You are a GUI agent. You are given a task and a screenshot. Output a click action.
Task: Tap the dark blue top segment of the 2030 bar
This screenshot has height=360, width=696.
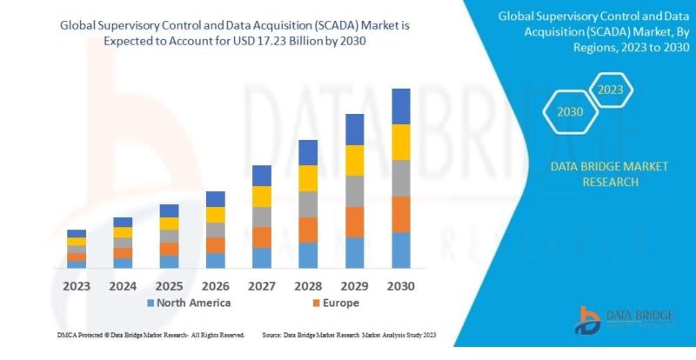[401, 106]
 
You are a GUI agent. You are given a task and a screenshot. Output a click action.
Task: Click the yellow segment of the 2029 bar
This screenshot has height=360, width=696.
[355, 160]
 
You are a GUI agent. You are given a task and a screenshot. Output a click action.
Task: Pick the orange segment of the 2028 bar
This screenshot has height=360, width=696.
[308, 230]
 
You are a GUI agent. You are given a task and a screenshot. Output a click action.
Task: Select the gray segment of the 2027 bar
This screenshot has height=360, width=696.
[262, 217]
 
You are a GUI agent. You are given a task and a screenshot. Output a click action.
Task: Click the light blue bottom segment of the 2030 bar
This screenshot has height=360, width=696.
[401, 250]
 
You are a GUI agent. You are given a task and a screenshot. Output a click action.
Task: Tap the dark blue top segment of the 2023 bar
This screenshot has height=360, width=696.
[77, 233]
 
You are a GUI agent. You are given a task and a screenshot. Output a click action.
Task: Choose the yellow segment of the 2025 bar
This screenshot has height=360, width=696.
[169, 223]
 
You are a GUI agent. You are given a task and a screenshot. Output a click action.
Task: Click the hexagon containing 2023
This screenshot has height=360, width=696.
[611, 89]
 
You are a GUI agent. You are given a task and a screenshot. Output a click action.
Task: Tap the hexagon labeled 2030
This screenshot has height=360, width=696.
[570, 112]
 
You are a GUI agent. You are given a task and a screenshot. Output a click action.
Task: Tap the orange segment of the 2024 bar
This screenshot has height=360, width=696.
[123, 253]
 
